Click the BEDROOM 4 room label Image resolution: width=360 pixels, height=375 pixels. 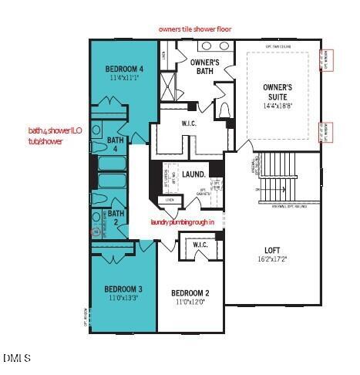click(x=123, y=69)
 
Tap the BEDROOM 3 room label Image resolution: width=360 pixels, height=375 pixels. click(x=123, y=289)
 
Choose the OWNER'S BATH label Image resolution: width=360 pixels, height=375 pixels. click(x=205, y=66)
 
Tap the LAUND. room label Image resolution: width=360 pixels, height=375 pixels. click(x=194, y=174)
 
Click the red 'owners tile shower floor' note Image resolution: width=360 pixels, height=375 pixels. click(x=195, y=29)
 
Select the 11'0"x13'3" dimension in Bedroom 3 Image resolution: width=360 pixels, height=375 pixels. click(x=123, y=298)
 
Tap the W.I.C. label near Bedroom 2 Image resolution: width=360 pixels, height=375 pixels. click(x=200, y=245)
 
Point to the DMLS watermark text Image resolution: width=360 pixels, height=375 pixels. click(x=17, y=358)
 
